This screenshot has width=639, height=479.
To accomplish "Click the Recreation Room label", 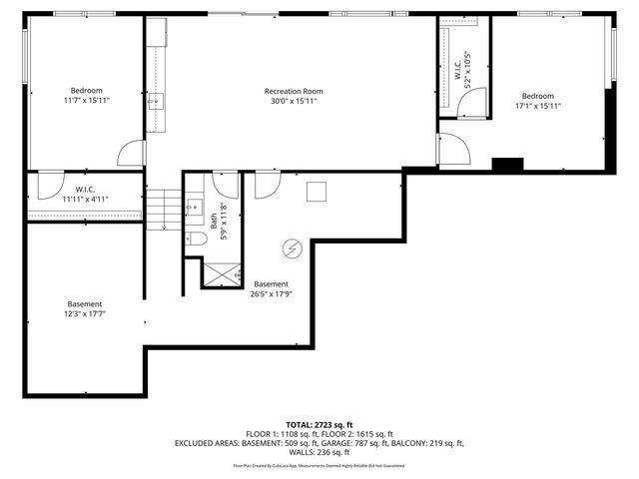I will (294, 91).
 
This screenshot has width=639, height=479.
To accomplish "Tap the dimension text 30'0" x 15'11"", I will (294, 102).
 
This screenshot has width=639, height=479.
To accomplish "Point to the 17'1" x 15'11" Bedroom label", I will (538, 96).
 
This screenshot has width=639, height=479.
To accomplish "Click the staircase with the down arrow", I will (163, 209).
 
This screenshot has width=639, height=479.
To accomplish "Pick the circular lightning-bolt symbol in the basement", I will (294, 247).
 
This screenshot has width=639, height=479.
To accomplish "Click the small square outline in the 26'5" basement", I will (318, 193).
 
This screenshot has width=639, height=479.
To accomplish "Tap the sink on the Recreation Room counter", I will (157, 101).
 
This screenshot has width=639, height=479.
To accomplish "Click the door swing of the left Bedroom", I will (131, 153).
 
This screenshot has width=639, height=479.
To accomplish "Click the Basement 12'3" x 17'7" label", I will (85, 309).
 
